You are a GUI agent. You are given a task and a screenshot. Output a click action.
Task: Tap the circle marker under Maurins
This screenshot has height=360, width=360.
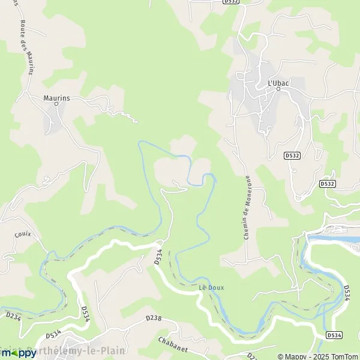56,103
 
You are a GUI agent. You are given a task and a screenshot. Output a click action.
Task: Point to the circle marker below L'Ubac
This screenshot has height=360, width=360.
278,89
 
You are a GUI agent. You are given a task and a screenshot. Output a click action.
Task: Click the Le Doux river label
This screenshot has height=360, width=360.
211,287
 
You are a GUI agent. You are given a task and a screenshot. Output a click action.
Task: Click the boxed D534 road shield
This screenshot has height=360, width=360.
334,334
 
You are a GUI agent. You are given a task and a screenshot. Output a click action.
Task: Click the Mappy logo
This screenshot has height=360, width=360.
19,353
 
